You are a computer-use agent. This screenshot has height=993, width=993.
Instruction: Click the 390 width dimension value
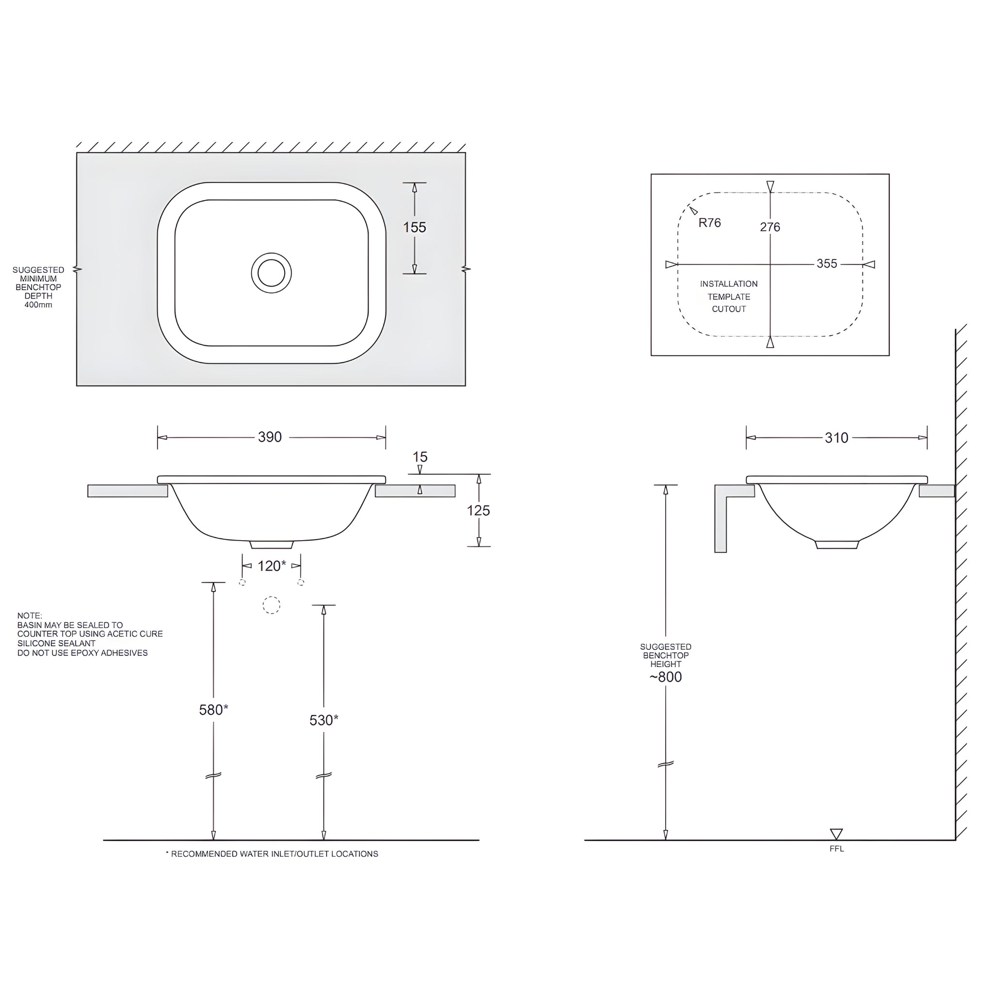[x=270, y=437]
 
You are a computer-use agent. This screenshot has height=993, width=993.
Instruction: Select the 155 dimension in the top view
[x=414, y=227]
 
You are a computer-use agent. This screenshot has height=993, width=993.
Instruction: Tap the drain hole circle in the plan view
[x=272, y=273]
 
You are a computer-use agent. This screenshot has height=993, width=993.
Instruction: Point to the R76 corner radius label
[x=709, y=223]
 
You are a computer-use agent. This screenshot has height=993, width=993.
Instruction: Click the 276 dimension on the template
[x=770, y=227]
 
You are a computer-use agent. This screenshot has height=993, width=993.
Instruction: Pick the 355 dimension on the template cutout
[x=827, y=264]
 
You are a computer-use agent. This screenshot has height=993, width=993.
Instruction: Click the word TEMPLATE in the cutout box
[x=728, y=297]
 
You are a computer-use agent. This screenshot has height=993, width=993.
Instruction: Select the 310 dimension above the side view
[x=836, y=438]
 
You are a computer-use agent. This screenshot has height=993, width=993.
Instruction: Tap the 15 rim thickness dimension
[x=420, y=456]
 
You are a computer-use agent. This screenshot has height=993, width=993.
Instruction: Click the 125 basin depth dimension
[x=478, y=511]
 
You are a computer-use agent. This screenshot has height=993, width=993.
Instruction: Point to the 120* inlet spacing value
[x=272, y=566]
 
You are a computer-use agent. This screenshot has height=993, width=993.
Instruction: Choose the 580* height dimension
[x=213, y=710]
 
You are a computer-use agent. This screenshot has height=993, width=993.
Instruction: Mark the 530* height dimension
[x=323, y=720]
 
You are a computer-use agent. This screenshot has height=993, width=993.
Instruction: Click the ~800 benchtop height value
[x=666, y=677]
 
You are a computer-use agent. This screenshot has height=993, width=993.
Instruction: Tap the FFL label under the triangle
[x=836, y=849]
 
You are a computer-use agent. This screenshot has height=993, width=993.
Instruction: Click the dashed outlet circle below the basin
[x=272, y=605]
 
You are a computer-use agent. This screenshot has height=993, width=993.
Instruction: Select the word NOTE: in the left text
[x=30, y=616]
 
